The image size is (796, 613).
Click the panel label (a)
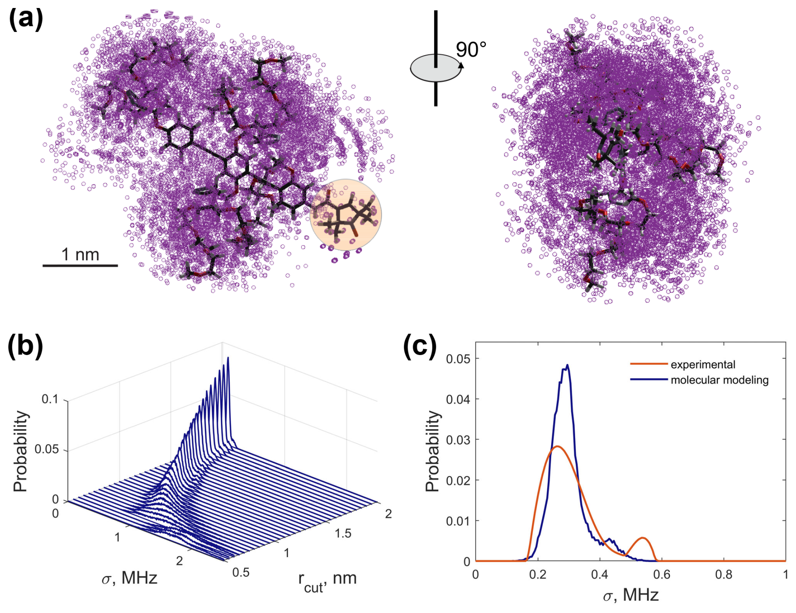tap(26, 19)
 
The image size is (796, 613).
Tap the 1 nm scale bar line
tap(80, 265)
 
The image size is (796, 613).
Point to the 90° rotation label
tap(471, 50)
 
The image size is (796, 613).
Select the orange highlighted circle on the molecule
tap(345, 215)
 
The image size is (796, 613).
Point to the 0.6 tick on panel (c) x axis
tap(661, 574)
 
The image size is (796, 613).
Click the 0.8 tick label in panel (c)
tap(724, 574)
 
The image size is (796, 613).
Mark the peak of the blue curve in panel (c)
tap(567, 365)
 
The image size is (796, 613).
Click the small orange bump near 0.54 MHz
tap(642, 538)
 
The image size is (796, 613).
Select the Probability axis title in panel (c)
tap(432, 451)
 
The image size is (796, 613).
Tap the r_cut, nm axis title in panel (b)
tap(327, 580)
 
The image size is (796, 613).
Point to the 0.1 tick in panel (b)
tap(50, 399)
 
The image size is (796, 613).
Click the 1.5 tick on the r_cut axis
tap(343, 533)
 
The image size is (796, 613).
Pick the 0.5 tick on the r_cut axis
tap(241, 572)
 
